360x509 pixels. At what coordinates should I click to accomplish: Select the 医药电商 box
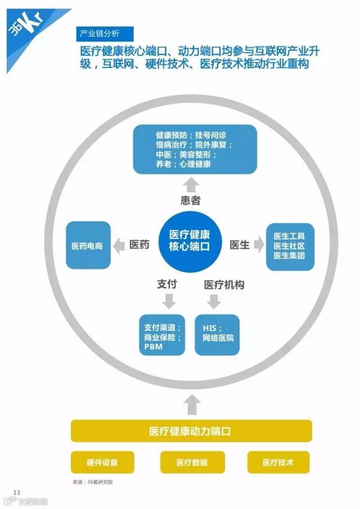point(88,245)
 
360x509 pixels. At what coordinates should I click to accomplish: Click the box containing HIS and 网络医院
point(217,334)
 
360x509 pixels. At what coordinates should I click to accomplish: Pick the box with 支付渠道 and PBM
point(162,334)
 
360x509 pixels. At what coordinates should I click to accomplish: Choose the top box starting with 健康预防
point(195,150)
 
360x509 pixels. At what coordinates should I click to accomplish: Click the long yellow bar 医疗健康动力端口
point(191,431)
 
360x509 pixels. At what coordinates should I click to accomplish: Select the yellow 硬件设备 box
point(102,462)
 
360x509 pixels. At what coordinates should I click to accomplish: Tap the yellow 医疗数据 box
point(192,462)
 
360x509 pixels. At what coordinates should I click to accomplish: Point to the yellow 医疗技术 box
point(278,462)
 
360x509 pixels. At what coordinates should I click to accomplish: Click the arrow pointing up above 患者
point(191,184)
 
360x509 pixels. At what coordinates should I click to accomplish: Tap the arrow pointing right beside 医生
point(259,245)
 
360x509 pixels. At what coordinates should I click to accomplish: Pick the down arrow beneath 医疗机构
point(214,302)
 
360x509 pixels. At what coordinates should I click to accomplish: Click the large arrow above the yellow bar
point(192,403)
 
